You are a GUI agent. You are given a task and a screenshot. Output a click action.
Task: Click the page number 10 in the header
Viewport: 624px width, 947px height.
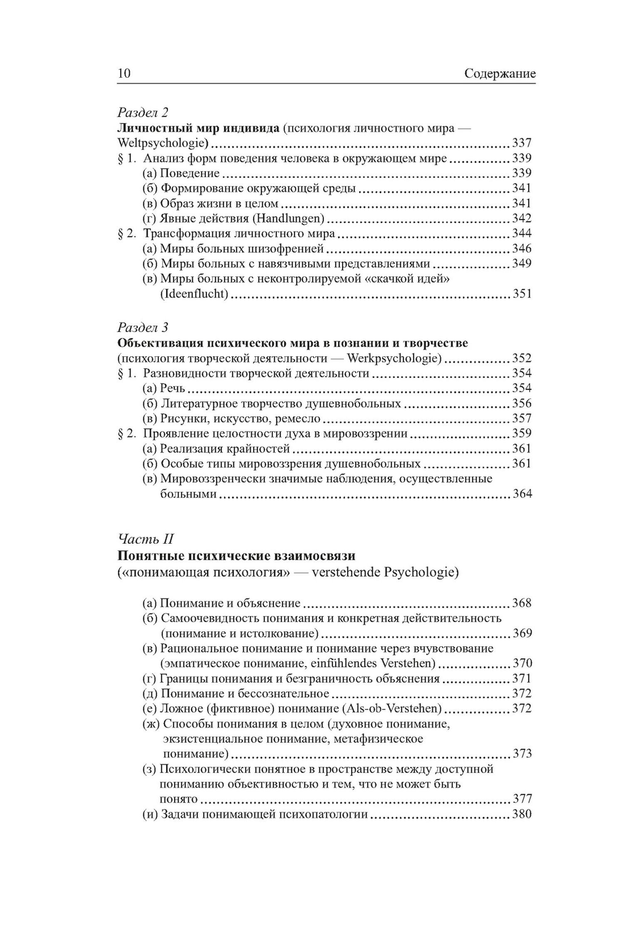coord(124,74)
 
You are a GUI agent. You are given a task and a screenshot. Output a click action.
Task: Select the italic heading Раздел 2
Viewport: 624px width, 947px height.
coord(143,112)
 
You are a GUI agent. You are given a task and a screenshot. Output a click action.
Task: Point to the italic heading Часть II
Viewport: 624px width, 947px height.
coord(146,539)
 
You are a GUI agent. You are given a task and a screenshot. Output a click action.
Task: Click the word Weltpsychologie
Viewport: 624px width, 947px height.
coord(162,143)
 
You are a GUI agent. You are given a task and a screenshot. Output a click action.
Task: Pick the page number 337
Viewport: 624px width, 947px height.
coord(522,143)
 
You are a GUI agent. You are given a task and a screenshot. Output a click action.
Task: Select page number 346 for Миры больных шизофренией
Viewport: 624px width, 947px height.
coord(522,248)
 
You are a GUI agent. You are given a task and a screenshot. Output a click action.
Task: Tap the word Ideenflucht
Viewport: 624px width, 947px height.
coord(194,294)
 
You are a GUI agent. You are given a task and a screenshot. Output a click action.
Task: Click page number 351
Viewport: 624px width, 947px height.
coord(522,294)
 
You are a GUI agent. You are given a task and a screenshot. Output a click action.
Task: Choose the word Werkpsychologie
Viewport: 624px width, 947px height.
coord(393,358)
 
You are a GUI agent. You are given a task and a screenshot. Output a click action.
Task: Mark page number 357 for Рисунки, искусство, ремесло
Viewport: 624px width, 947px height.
coord(522,418)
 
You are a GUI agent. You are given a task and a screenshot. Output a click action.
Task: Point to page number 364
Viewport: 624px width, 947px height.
coord(522,494)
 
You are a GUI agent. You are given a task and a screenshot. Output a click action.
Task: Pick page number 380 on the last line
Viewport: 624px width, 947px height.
coord(522,814)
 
